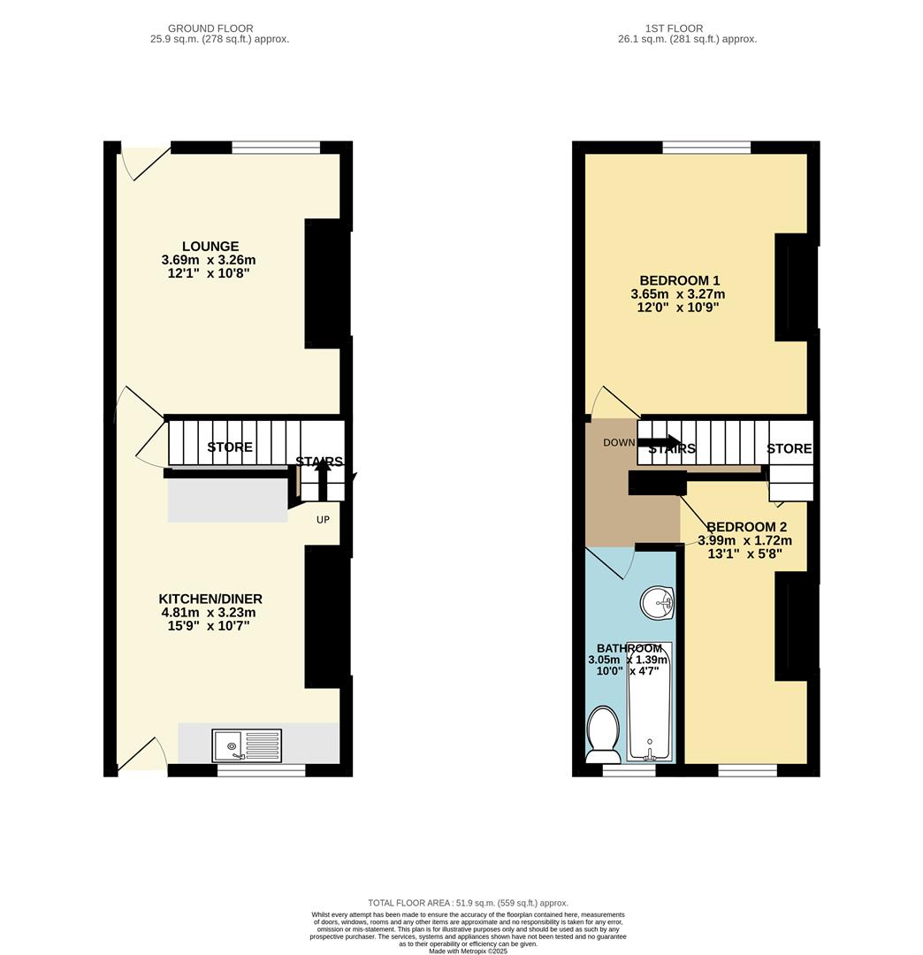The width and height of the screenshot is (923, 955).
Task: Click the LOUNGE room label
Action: tap(210, 246)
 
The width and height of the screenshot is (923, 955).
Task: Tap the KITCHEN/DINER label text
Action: tap(210, 599)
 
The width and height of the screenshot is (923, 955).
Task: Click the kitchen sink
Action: tap(247, 745)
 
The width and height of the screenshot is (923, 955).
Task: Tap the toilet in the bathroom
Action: tap(603, 733)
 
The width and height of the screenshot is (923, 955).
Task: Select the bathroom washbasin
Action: tap(657, 605)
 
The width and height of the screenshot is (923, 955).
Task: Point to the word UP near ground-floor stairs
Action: tap(323, 519)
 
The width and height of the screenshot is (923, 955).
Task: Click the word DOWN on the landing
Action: tap(620, 442)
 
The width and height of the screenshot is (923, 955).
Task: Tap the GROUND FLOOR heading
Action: tap(210, 28)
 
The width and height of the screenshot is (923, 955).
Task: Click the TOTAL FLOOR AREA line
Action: tap(468, 903)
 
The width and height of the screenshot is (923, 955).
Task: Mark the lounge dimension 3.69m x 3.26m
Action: tap(209, 260)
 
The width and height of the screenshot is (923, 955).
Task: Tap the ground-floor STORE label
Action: tap(230, 447)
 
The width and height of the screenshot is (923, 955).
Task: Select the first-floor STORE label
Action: tap(789, 449)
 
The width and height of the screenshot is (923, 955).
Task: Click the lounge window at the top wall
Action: tap(276, 148)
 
